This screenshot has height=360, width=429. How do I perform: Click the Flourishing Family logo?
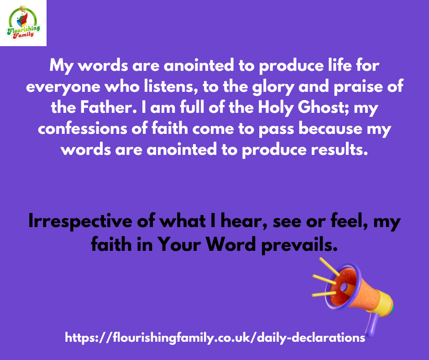[23, 23]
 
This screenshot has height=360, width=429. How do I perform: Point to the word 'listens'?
[171, 86]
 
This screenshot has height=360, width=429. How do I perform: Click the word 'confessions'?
[82, 128]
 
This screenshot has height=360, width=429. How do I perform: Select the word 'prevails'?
[299, 245]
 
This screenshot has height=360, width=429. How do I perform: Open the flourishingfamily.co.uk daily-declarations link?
[215, 338]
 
